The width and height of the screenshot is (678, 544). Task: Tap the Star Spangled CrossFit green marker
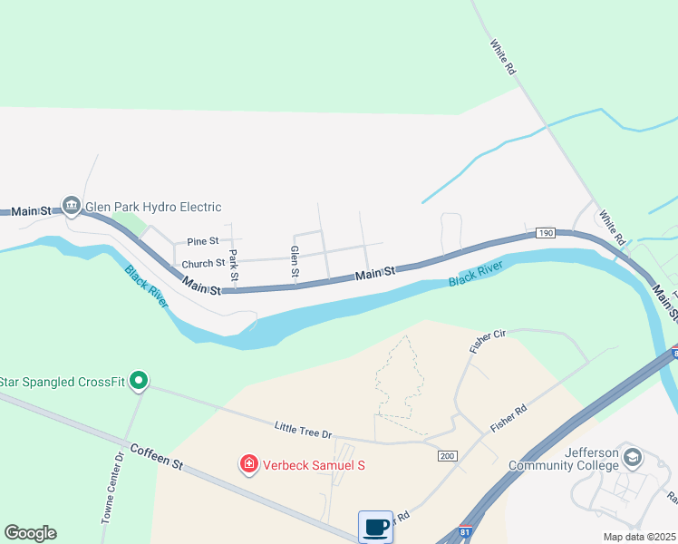pos(138,381)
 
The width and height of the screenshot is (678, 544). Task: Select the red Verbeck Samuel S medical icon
pos(247,464)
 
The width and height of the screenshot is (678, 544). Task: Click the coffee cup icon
pos(375,527)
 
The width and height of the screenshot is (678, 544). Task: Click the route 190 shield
pos(544,232)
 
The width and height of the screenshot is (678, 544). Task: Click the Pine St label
pos(203,241)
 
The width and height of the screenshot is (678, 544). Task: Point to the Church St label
pos(203,264)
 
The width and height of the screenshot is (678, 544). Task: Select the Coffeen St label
pos(156,456)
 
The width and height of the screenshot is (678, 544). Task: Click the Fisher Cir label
pos(486,341)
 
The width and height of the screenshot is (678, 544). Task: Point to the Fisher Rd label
pos(508,422)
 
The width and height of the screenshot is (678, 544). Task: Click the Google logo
pos(30,533)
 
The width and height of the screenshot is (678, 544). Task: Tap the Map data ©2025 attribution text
pos(638,537)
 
